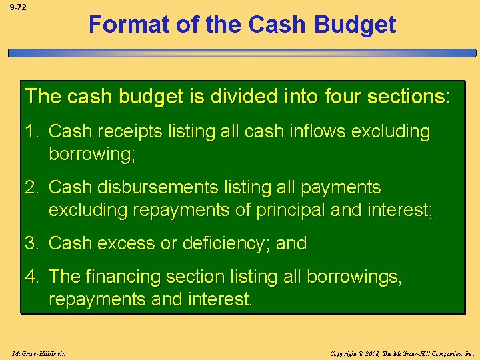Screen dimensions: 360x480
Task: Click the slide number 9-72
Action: click(17, 7)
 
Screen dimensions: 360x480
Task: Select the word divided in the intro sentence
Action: click(237, 96)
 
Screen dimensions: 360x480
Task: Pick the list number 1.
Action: click(31, 131)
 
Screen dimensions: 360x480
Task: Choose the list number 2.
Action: click(31, 187)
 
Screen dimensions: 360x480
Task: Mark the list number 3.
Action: click(31, 243)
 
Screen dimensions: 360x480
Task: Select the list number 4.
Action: click(31, 276)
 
